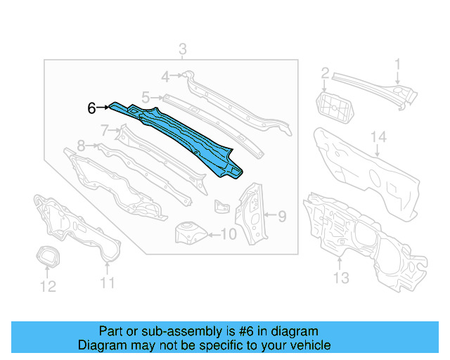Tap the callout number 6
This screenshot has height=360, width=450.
tap(91, 108)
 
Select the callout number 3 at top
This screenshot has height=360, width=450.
tap(182, 49)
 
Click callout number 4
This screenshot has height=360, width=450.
tap(165, 76)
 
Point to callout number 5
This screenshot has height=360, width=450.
tap(146, 98)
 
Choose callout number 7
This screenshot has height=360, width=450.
tap(105, 130)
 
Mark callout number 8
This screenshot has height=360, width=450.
tap(81, 146)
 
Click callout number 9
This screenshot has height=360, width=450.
tap(281, 216)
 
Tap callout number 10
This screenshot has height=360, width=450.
tap(229, 234)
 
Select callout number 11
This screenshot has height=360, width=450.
tap(107, 283)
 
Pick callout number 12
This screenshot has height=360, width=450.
tap(47, 285)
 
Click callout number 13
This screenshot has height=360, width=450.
tap(340, 278)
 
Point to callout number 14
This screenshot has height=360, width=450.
tap(379, 136)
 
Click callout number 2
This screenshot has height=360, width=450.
tap(326, 73)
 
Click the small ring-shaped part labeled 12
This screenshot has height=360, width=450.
tap(47, 257)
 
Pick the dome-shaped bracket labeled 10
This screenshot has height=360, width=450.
tap(189, 231)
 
